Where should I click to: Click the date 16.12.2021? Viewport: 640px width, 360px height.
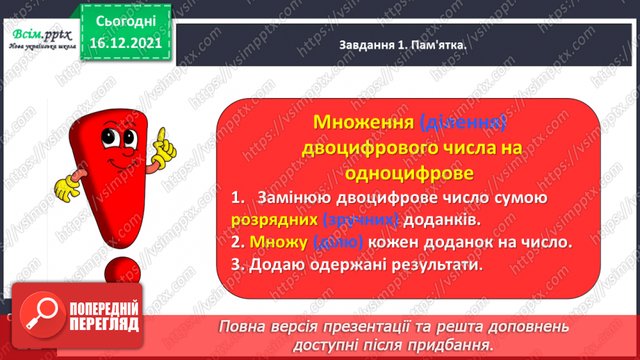122,42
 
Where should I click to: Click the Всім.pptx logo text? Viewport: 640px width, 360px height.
40,33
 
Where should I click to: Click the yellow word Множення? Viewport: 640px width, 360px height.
363,123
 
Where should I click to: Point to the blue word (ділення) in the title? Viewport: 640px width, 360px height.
462,123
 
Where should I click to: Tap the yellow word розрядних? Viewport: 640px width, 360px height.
274,220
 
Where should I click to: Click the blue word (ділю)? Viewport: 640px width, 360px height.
338,243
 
